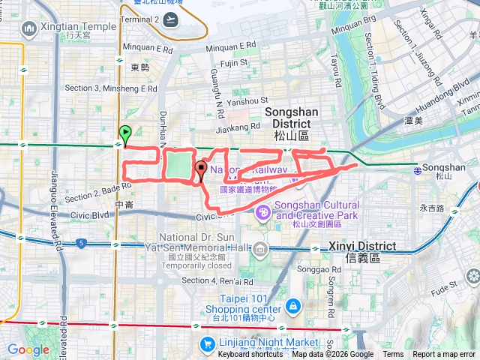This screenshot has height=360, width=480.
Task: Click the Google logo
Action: click(x=28, y=349)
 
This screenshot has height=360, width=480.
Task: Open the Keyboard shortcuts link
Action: click(x=250, y=355)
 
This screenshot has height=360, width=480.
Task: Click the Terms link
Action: click(x=393, y=355)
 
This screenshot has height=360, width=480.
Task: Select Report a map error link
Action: click(x=444, y=355)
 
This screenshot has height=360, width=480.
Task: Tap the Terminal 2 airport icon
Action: click(x=172, y=19)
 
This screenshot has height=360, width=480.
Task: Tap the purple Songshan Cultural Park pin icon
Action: click(x=263, y=214)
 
